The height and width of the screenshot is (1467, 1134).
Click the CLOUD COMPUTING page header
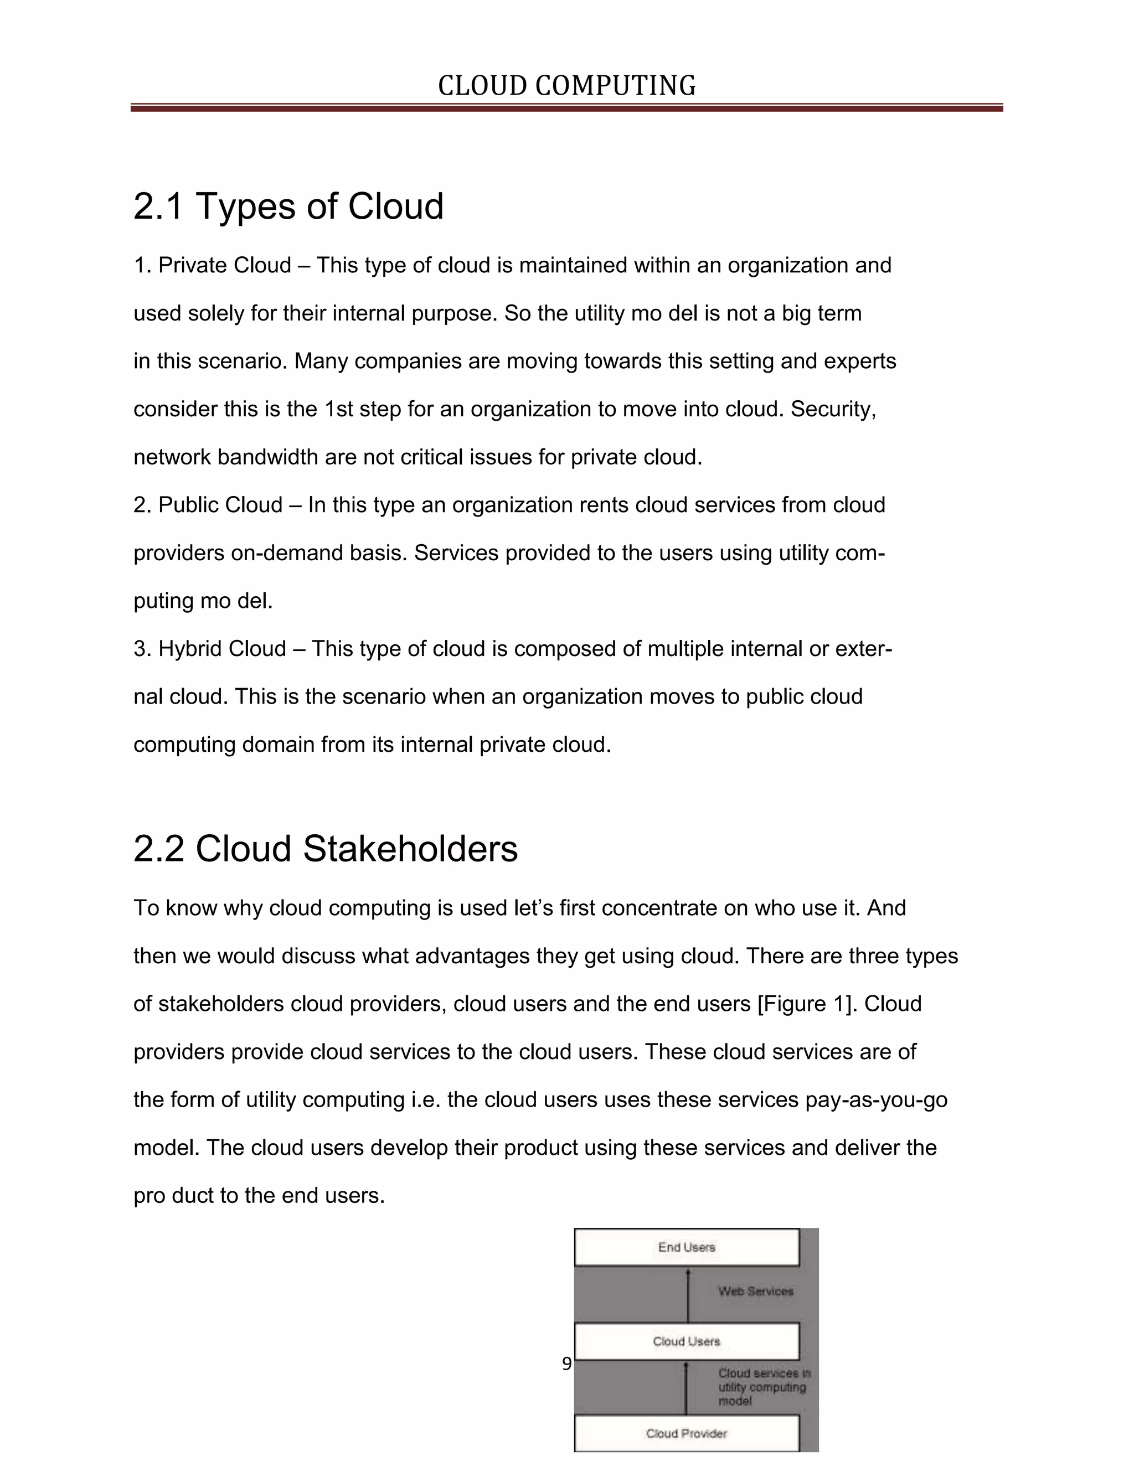click(x=566, y=86)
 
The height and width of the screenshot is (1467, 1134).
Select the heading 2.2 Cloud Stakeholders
click(x=325, y=849)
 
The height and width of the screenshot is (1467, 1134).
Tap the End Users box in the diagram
click(x=687, y=1248)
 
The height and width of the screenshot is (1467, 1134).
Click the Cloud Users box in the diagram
click(x=687, y=1341)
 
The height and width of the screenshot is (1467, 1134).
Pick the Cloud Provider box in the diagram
click(x=687, y=1433)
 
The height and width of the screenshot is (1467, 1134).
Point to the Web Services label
click(x=756, y=1291)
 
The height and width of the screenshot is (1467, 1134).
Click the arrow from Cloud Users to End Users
click(x=688, y=1295)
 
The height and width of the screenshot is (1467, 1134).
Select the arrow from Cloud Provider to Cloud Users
click(x=686, y=1388)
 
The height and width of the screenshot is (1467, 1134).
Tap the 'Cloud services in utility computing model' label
click(x=762, y=1387)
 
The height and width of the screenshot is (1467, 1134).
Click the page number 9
click(x=566, y=1364)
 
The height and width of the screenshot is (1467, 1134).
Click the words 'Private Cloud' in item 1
click(x=224, y=266)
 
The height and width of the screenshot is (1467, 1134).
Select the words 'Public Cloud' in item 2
click(x=220, y=505)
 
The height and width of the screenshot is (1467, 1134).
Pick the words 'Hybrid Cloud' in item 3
click(x=221, y=649)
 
